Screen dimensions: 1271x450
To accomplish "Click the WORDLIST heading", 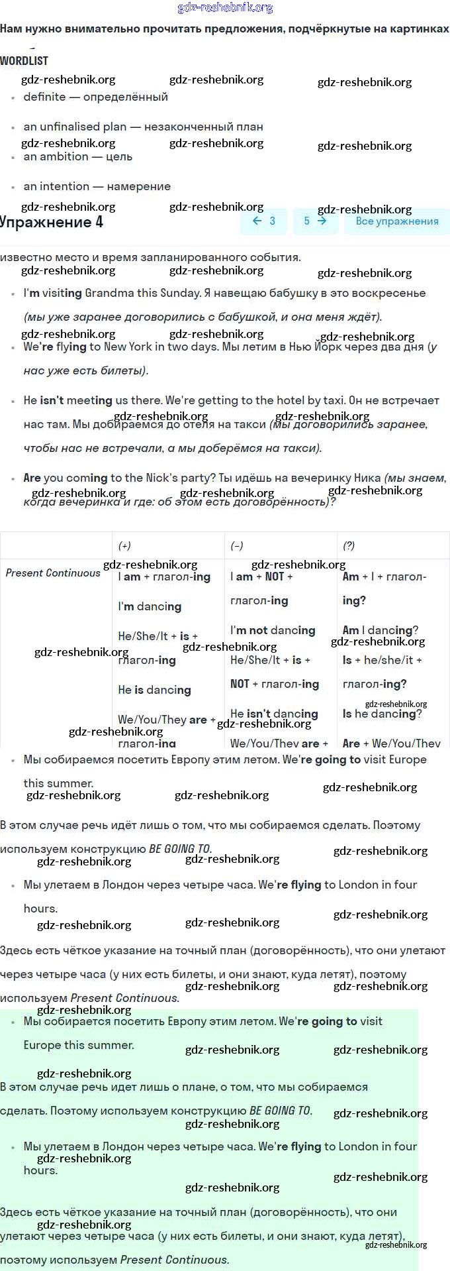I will point(24,61).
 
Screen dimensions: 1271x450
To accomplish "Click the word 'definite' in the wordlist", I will point(44,97).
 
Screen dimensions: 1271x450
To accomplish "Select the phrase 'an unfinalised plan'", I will point(75,127).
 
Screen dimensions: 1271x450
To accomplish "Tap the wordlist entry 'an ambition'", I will point(56,156).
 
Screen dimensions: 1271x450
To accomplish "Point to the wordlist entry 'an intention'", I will point(56,186).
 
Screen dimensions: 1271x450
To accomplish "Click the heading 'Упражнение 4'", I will point(52,222).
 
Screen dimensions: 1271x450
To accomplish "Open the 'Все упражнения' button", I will point(396,221).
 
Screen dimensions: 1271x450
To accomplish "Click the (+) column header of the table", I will point(124,546).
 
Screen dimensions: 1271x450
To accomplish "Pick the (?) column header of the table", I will point(349,546).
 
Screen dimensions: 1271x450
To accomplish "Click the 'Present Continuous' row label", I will point(53,573).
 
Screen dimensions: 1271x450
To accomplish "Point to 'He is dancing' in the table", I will point(154,690).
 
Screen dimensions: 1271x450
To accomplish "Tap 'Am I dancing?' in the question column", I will point(380,630).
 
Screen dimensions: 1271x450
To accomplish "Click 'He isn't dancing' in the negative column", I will point(274,714).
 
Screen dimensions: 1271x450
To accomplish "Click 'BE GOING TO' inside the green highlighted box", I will point(280,1111).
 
